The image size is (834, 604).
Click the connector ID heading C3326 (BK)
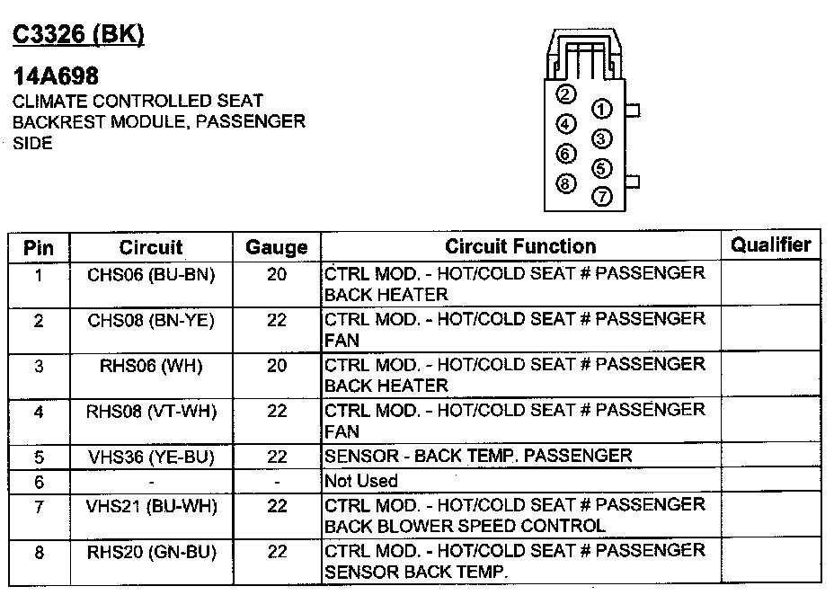click(78, 34)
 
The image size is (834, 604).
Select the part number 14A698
click(56, 76)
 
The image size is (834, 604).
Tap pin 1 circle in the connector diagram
click(602, 110)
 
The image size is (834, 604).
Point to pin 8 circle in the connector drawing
click(565, 183)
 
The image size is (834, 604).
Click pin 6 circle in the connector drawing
click(565, 154)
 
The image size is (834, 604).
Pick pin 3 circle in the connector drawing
click(602, 139)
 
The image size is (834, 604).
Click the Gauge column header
click(277, 247)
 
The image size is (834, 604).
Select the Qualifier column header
click(770, 244)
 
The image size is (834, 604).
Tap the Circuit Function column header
click(520, 246)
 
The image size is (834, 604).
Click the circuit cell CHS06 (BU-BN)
click(151, 275)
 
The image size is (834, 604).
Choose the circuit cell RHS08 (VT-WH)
click(151, 411)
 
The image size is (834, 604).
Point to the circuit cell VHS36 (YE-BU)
click(151, 457)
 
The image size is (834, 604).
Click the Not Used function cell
click(361, 481)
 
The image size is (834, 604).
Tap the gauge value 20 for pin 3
click(277, 365)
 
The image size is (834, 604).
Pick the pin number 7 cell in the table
click(39, 507)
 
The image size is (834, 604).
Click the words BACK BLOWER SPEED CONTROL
click(465, 526)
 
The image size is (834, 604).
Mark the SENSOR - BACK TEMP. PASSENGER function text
click(478, 456)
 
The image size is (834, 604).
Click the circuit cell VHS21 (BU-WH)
click(151, 507)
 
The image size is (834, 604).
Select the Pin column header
click(39, 247)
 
